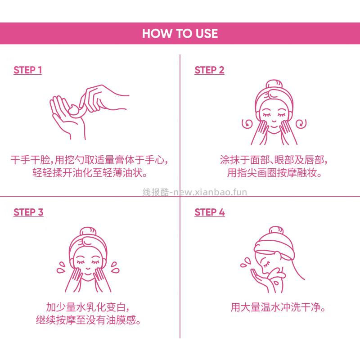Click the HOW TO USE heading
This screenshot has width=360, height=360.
pos(180,34)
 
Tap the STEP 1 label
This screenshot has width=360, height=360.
pos(27,70)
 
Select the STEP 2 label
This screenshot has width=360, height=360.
pos(209,70)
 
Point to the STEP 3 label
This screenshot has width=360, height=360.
pos(28,212)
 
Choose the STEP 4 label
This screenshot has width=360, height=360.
pos(209,212)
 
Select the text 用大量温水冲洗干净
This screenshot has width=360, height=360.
pos(278,308)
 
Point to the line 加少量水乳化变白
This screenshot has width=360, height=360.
pos(90,308)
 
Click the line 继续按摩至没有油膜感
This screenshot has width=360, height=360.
pos(90,321)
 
